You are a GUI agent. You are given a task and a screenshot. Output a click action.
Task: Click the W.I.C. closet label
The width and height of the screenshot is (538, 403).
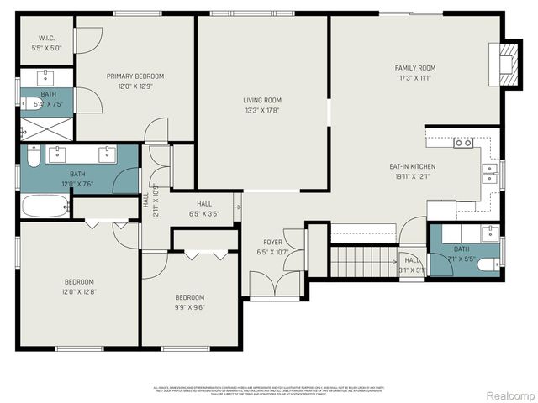(45, 39)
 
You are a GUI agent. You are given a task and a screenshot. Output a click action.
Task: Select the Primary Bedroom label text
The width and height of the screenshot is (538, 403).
(134, 76)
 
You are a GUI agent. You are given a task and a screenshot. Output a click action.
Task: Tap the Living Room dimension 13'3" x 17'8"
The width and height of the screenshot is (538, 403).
(261, 109)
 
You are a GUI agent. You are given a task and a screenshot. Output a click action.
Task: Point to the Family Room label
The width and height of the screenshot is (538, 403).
(415, 68)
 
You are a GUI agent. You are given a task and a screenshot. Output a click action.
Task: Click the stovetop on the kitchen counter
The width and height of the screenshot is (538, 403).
(462, 143)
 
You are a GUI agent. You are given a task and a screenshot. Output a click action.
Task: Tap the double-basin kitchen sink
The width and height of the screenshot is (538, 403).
(489, 172)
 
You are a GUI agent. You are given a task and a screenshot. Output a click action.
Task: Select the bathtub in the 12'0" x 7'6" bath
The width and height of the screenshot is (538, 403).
(44, 207)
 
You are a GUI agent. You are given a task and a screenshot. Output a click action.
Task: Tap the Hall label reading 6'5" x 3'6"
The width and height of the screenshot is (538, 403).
(205, 208)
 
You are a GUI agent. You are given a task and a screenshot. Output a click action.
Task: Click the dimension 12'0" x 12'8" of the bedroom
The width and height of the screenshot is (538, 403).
(79, 291)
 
